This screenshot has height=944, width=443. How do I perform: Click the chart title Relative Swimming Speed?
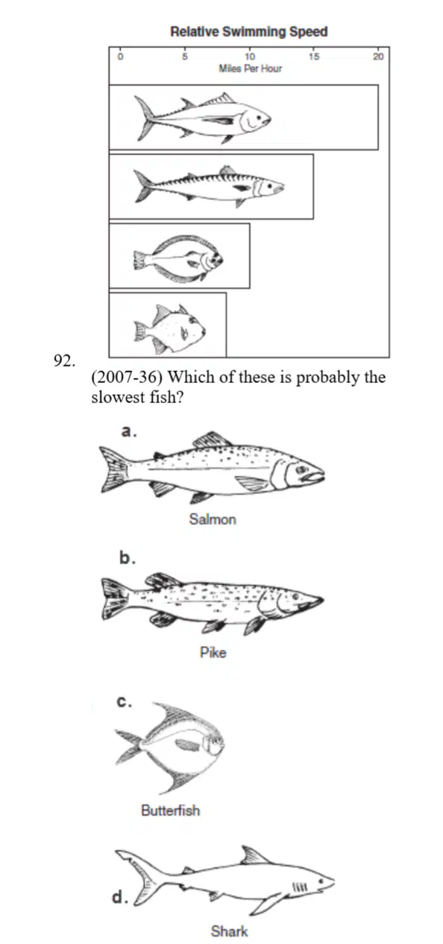tap(249, 31)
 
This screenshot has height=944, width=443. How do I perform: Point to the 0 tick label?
tap(120, 57)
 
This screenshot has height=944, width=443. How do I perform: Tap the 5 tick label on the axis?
tap(184, 57)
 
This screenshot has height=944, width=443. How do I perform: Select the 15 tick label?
tap(314, 57)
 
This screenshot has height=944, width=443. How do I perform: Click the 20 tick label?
tap(378, 57)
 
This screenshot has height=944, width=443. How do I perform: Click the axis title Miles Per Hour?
tap(250, 69)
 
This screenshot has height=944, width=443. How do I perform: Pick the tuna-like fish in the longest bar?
tap(203, 117)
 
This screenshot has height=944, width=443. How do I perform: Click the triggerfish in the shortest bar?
tap(169, 329)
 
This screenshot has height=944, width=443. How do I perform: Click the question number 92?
tap(65, 361)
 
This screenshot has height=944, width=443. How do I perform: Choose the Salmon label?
tap(213, 519)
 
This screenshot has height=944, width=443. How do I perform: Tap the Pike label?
tap(213, 653)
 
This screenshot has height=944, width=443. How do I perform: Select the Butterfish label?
tap(171, 810)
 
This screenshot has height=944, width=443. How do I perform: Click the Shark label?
tap(229, 931)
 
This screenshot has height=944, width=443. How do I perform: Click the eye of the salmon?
tap(301, 469)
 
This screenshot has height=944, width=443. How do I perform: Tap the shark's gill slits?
tap(301, 887)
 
